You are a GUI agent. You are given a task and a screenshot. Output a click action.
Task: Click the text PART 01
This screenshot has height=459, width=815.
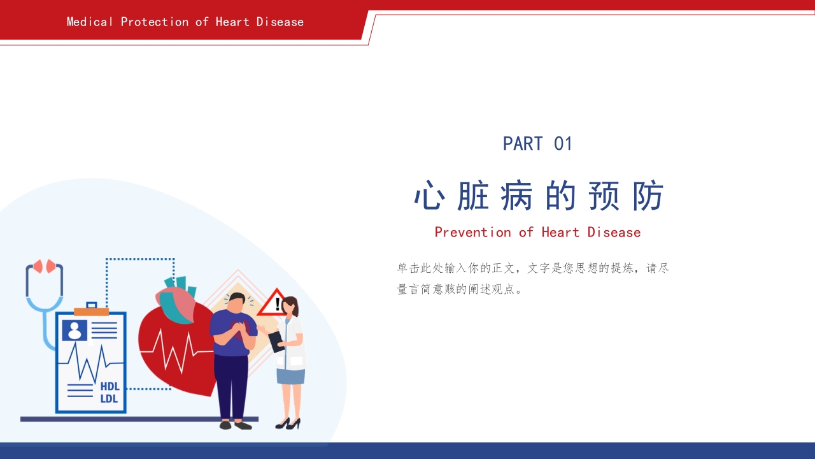(x=537, y=144)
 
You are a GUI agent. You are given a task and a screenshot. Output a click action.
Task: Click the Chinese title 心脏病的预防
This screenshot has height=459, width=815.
(x=539, y=196)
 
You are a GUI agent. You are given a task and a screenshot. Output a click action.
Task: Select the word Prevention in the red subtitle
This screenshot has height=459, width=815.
(x=472, y=232)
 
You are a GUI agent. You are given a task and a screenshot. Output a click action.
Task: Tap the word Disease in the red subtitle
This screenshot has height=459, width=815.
(x=614, y=232)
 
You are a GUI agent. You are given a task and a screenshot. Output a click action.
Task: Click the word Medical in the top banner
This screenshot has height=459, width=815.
(x=90, y=22)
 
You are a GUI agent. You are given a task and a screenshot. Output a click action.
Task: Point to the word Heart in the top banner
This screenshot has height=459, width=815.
(x=232, y=22)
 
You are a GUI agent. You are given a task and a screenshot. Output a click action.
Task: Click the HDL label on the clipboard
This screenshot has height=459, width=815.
(x=110, y=386)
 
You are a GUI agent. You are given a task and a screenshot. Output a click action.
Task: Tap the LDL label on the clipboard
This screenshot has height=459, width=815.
(x=110, y=399)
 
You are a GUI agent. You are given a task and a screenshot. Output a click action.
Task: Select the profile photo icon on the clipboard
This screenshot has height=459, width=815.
(x=74, y=330)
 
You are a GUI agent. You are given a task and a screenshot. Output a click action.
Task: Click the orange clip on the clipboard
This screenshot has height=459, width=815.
(x=91, y=312)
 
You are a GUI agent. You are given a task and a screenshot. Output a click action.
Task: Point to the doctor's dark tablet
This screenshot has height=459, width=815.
(x=276, y=342)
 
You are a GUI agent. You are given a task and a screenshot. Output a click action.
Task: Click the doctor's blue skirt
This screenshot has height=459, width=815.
(x=290, y=376)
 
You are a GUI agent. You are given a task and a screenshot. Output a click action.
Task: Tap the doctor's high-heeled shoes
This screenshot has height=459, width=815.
(x=288, y=423)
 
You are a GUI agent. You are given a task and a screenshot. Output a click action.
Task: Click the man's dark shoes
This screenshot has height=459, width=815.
(x=235, y=425)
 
